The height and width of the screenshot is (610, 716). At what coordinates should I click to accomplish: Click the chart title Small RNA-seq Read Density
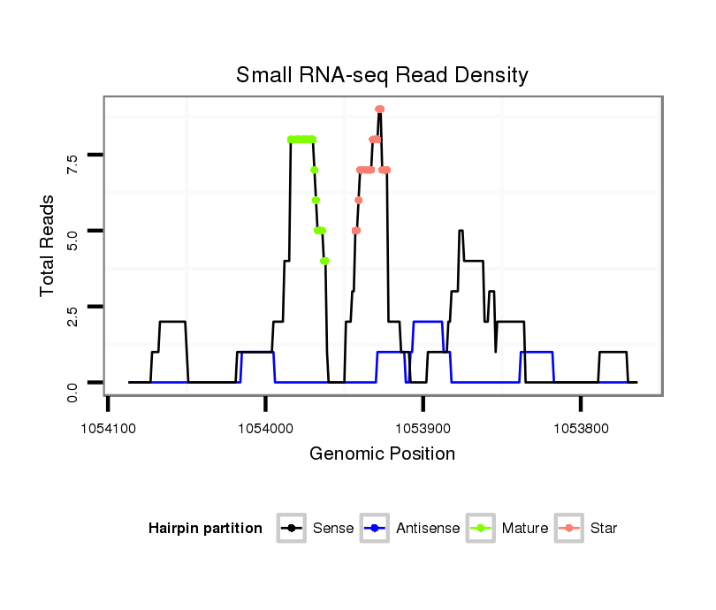pyautogui.click(x=382, y=75)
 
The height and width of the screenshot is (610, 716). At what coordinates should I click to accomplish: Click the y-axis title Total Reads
pyautogui.click(x=49, y=245)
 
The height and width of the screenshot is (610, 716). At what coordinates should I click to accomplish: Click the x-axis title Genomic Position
pyautogui.click(x=382, y=454)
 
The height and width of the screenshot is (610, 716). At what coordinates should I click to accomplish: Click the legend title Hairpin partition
pyautogui.click(x=205, y=529)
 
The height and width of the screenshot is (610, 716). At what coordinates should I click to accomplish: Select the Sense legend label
pyautogui.click(x=333, y=529)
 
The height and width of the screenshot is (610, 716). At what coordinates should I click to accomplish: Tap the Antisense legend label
pyautogui.click(x=428, y=529)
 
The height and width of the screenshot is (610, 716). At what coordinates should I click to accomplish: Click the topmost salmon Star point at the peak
pyautogui.click(x=379, y=110)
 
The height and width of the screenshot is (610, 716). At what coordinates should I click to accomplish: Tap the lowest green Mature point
pyautogui.click(x=324, y=261)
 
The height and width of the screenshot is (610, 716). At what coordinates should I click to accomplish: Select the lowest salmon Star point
pyautogui.click(x=355, y=231)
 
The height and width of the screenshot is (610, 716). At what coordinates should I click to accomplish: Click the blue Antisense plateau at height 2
pyautogui.click(x=428, y=322)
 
